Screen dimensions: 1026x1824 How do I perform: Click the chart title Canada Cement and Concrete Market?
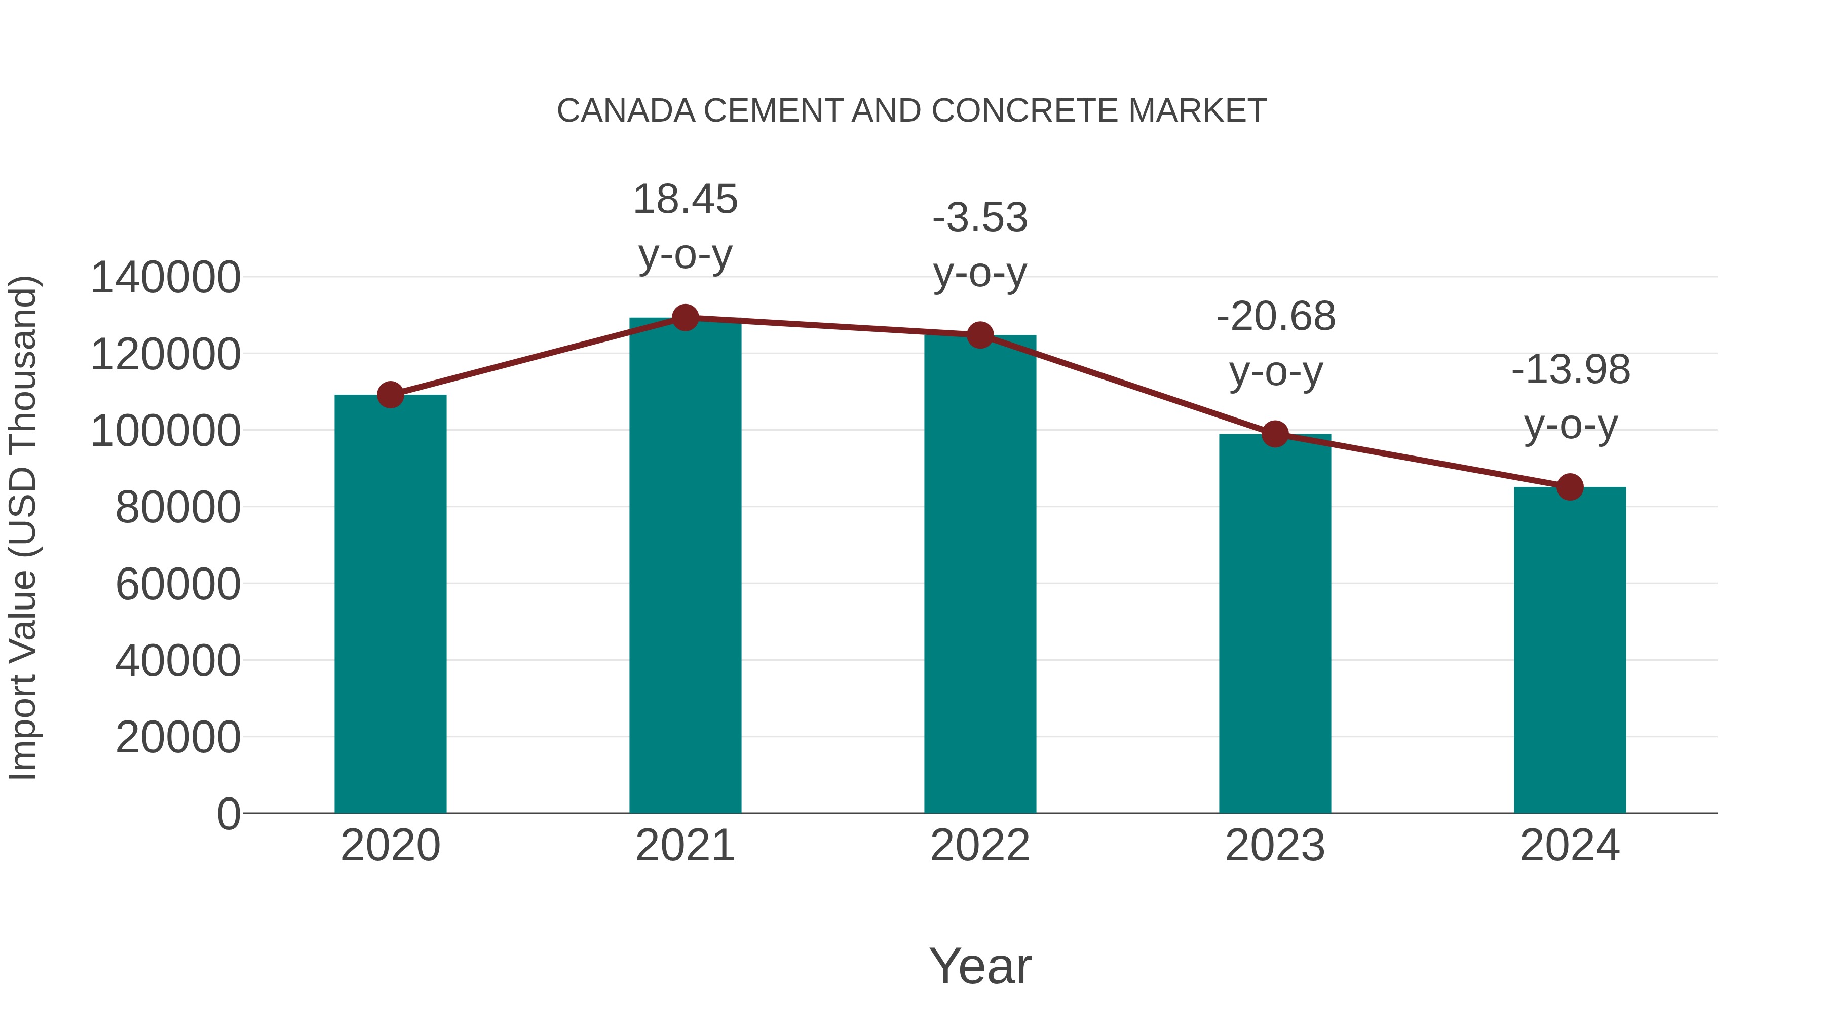(x=911, y=111)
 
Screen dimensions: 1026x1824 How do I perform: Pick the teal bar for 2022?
(x=980, y=574)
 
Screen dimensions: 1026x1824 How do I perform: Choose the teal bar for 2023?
(x=1275, y=623)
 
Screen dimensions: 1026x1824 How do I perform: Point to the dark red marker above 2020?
(x=390, y=395)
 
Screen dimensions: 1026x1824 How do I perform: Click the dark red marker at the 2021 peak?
(x=685, y=318)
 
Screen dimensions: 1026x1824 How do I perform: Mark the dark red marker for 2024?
(x=1570, y=487)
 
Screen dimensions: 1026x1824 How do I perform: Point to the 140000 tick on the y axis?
(x=165, y=278)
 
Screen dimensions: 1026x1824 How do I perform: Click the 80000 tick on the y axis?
(x=178, y=508)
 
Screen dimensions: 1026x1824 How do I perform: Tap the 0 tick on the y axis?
(x=229, y=814)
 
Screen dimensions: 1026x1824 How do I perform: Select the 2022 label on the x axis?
(x=980, y=846)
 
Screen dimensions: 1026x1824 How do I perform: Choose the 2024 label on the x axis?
(x=1570, y=846)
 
